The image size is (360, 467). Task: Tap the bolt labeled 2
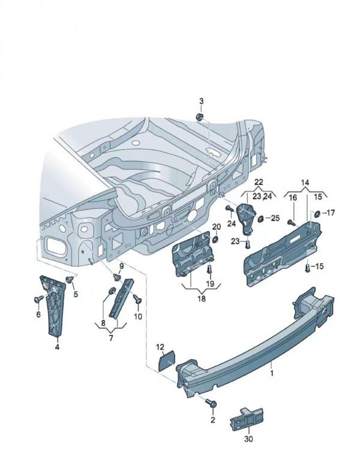(x=209, y=403)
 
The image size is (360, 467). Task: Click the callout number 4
(x=57, y=346)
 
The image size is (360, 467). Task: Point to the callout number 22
(x=259, y=182)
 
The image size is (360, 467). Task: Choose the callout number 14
(x=305, y=182)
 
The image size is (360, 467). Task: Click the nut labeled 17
(x=317, y=213)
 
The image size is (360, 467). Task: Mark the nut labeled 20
(x=215, y=239)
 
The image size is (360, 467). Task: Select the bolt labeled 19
(x=211, y=271)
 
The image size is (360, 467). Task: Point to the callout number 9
(x=121, y=266)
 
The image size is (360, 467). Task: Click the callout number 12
(x=160, y=347)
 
